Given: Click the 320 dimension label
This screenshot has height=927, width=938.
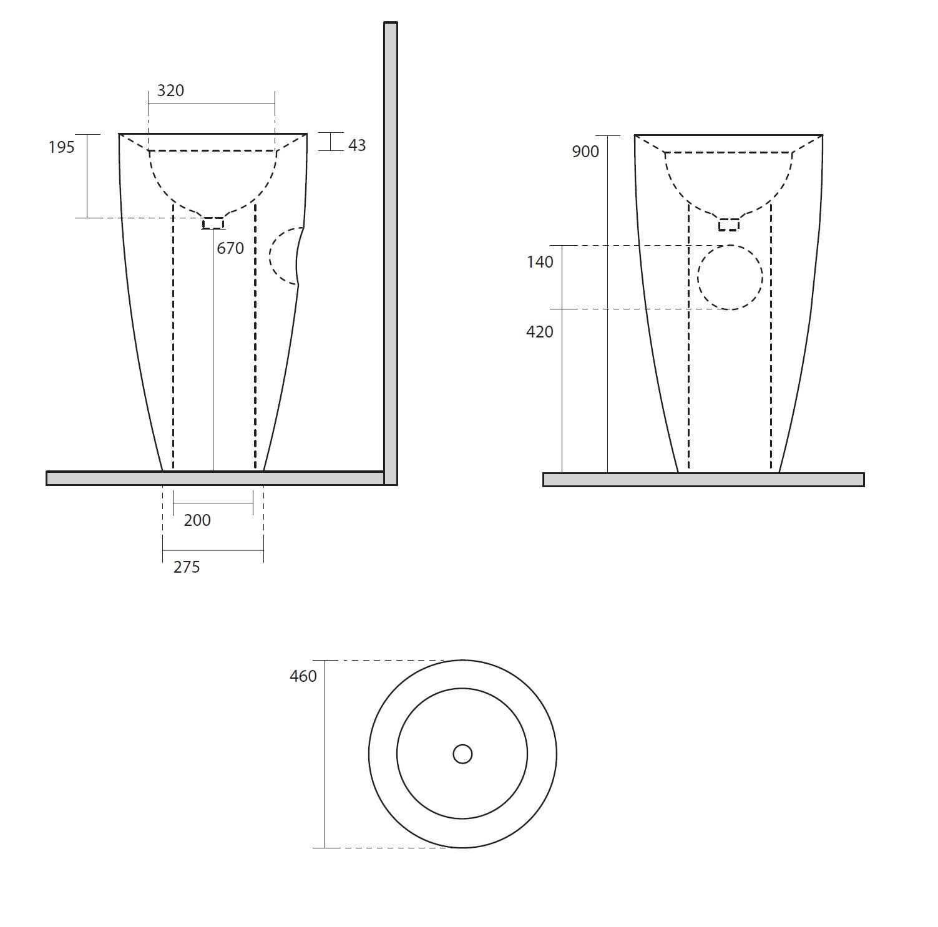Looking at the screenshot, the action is tap(170, 90).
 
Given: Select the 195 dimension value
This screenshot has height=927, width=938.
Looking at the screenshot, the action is tap(61, 147).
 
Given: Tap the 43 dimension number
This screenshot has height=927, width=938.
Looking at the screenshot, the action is tap(357, 145).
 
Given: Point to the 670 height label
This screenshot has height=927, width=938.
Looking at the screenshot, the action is tap(230, 248).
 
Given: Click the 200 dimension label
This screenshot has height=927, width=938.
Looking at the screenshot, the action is tap(197, 520).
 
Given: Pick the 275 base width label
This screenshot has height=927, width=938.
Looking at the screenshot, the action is tap(187, 567).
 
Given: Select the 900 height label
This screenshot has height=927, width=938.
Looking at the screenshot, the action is tap(585, 152).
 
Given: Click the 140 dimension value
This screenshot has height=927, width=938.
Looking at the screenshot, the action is tap(540, 262).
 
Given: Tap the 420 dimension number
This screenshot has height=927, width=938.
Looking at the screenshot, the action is tap(540, 332).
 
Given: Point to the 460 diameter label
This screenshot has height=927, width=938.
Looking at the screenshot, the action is tap(303, 676).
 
